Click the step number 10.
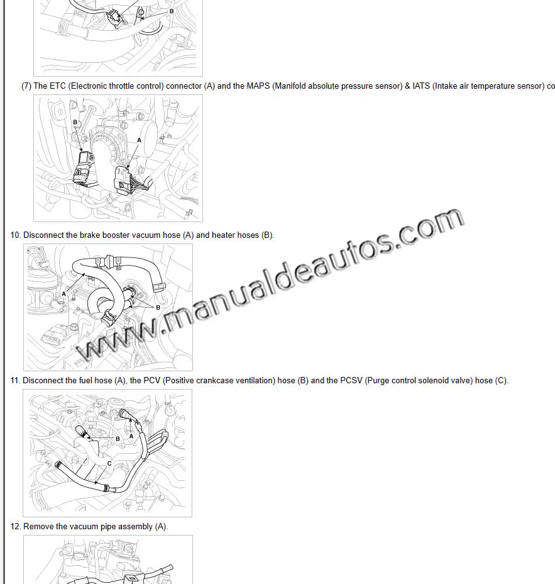(x=15, y=235)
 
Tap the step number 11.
(x=15, y=381)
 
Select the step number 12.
(x=15, y=527)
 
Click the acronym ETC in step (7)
(x=57, y=86)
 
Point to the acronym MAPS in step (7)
(x=258, y=86)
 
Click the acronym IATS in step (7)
(x=421, y=86)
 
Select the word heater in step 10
(x=224, y=235)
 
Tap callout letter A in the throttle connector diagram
(x=139, y=140)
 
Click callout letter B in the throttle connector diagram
(x=75, y=122)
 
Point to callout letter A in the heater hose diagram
(x=63, y=294)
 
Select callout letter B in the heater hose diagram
(x=158, y=308)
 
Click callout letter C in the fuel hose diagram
(x=109, y=464)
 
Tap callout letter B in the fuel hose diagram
(x=118, y=439)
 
